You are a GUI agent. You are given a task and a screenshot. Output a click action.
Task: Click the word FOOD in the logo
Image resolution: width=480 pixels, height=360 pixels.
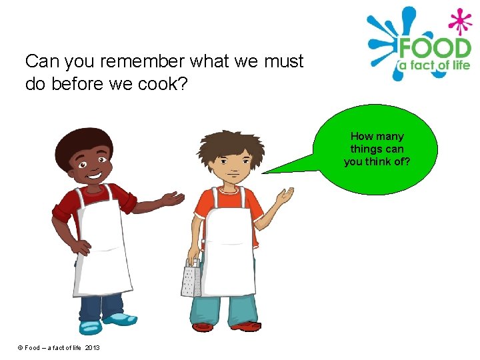coord(434,47)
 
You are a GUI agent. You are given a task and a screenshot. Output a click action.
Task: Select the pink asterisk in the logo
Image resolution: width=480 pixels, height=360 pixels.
coord(460,21)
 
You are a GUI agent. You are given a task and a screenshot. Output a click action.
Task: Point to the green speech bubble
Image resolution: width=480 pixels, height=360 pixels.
coord(377,149)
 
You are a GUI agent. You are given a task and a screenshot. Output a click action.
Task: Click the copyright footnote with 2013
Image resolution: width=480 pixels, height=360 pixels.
coord(59,348)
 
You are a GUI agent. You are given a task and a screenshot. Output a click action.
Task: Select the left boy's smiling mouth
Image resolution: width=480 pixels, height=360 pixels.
coord(93,175)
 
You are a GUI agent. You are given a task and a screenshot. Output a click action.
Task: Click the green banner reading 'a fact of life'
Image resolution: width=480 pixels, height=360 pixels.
coord(434,65)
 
